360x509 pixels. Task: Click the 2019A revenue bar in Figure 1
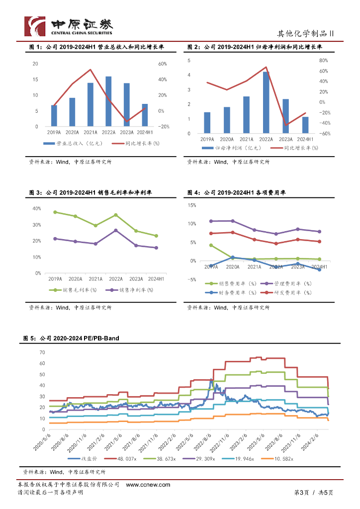coord(54,116)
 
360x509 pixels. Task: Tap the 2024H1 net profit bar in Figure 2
coord(305,125)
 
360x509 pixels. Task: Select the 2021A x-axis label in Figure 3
coord(95,279)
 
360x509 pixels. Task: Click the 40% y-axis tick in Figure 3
coord(36,209)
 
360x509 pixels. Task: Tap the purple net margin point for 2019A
coord(55,239)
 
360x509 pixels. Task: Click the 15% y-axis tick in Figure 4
coord(191,205)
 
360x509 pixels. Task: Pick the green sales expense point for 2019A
coord(211,245)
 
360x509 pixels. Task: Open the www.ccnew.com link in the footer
coord(148,485)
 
